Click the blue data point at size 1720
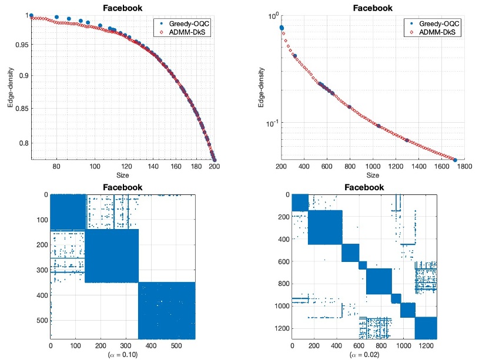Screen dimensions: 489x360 (x=455, y=160)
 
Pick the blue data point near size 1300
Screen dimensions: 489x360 (x=407, y=140)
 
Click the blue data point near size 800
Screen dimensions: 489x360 (x=349, y=107)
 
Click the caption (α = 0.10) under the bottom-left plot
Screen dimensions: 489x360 (x=122, y=355)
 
